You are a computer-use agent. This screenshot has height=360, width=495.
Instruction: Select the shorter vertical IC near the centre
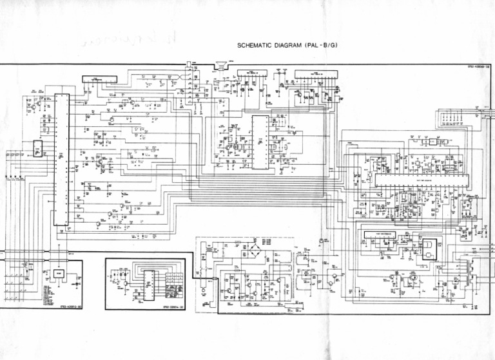tap(260, 142)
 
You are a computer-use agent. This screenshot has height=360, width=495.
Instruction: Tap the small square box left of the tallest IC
tap(39, 149)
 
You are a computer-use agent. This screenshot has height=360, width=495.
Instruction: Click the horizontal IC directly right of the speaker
tap(251, 74)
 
